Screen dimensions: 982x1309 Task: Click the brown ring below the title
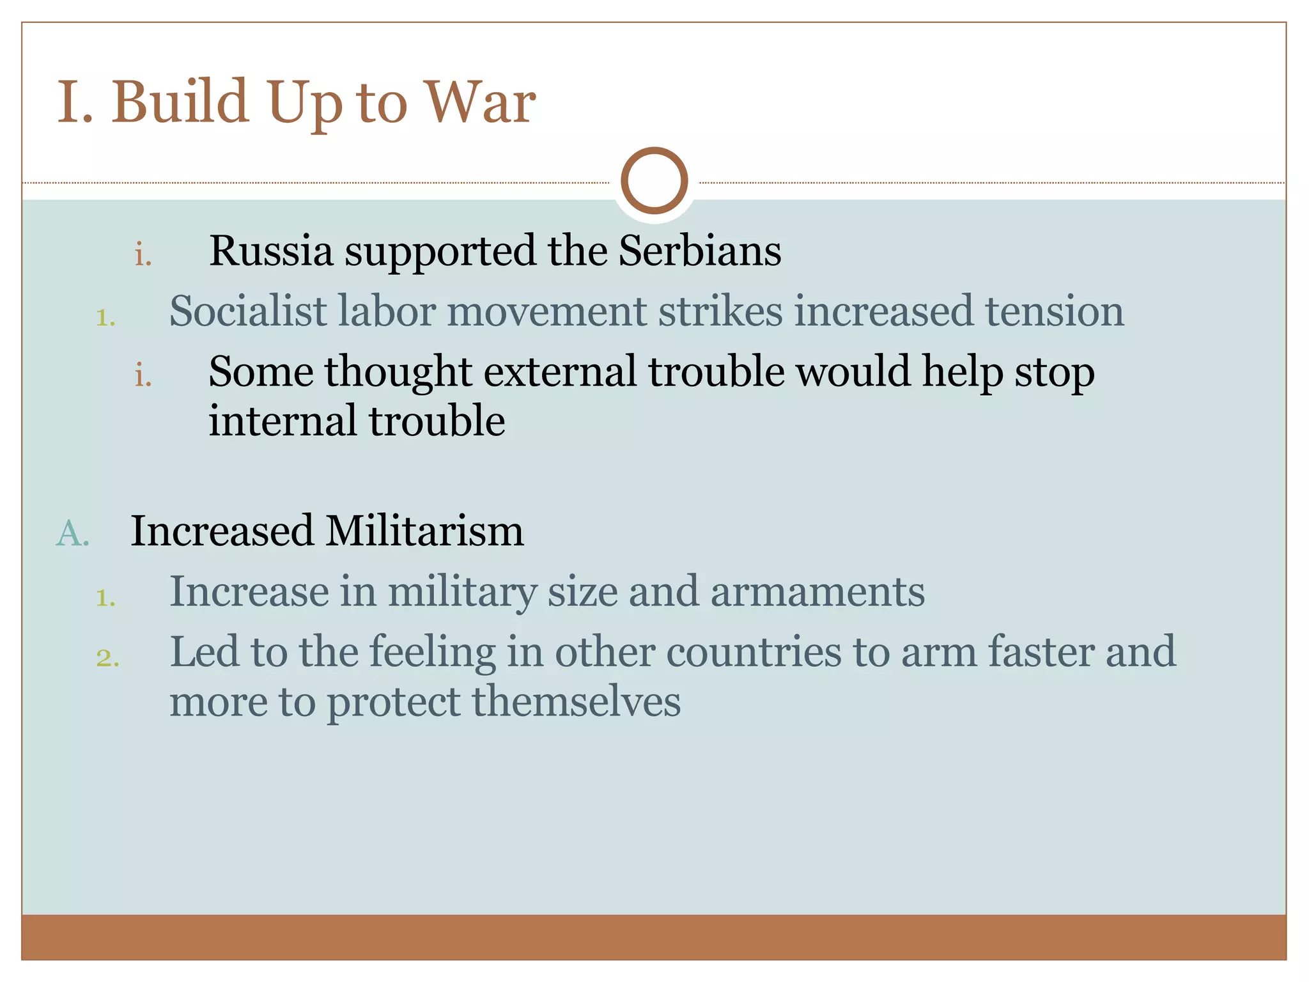coord(654,181)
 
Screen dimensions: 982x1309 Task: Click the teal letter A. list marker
coord(72,533)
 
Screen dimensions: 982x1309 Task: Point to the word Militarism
coord(424,531)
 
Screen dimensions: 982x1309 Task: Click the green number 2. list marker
coord(107,657)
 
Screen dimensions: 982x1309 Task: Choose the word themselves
coord(576,701)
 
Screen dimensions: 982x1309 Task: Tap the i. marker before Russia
coord(143,254)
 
